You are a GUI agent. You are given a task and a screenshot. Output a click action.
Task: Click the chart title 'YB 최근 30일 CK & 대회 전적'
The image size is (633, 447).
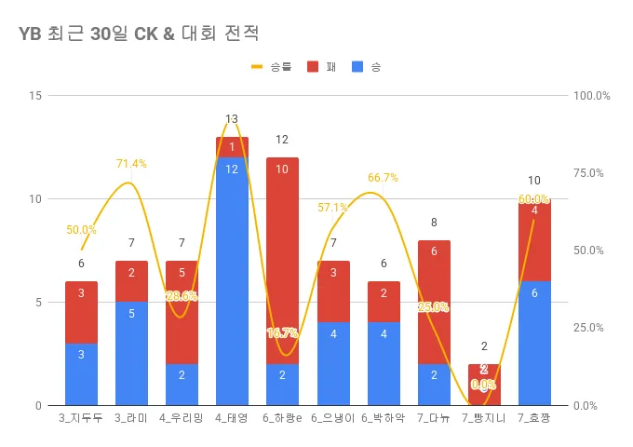point(138,33)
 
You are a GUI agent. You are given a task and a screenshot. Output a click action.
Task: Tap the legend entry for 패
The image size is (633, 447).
point(321,67)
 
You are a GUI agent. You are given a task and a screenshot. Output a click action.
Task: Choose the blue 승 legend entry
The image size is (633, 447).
point(367,67)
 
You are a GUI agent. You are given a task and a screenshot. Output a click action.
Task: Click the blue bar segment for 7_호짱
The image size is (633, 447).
point(534,344)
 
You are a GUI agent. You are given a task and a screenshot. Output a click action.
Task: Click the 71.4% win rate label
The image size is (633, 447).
point(131,164)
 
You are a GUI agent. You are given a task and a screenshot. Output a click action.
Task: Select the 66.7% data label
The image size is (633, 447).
point(383,178)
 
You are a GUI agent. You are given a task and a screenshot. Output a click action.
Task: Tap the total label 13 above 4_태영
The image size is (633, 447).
point(232,119)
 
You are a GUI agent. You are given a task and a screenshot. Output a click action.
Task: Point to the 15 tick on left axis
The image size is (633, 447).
point(35,96)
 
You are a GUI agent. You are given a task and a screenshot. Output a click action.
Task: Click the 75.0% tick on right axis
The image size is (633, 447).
point(591,173)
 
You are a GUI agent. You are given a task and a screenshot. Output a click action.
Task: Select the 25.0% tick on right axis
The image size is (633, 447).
point(591,328)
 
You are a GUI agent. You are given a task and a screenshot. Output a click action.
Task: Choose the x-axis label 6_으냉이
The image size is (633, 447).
point(332,419)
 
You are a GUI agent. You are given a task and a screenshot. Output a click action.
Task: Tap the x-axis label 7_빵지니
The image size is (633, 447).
point(483,419)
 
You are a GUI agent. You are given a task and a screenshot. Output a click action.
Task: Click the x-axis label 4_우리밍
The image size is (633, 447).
point(182,419)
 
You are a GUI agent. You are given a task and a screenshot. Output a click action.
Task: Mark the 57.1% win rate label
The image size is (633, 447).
point(332,208)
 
